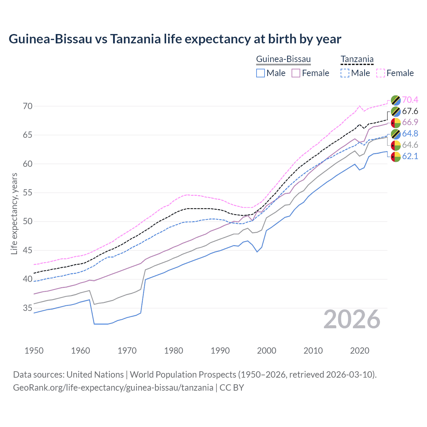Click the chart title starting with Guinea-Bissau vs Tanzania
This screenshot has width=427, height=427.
pos(175,39)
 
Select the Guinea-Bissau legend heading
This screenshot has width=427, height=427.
pos(283,59)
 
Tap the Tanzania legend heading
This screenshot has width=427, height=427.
pos(357,59)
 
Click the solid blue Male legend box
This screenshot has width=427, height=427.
pos(261,73)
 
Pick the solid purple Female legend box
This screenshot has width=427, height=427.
pos(296,73)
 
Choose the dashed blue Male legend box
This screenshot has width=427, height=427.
pos(345,73)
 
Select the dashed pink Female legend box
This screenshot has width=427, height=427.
pos(381,73)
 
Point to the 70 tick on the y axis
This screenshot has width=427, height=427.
pos(28,106)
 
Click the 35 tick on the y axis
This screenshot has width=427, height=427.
pos(28,308)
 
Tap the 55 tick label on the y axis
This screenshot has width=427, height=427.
pos(28,193)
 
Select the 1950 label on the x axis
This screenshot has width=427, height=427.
pos(34,351)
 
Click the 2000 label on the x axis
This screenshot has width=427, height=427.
pos(267,351)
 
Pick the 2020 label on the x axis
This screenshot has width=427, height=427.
pos(360,351)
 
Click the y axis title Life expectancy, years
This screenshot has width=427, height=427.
pos(14,213)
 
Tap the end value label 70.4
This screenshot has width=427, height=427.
pos(410,100)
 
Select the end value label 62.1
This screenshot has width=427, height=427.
pos(410,156)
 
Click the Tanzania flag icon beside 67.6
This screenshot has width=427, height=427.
pos(396,111)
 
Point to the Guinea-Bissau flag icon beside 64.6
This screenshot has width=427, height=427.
pos(396,145)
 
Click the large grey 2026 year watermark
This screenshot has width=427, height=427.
pos(352,319)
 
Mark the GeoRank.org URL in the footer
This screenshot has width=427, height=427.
pos(113,388)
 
